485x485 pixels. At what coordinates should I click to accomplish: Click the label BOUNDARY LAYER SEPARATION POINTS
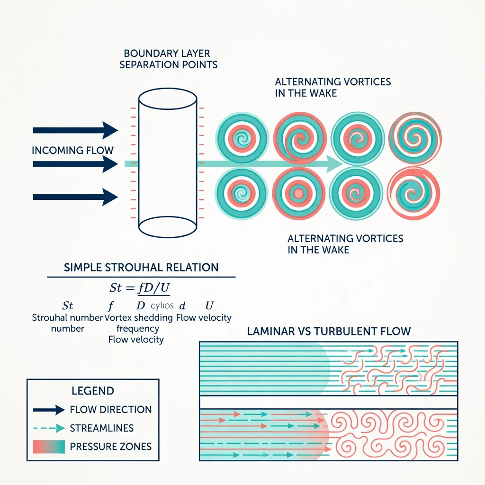click(x=168, y=59)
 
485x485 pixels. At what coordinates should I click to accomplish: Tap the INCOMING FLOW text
click(x=72, y=151)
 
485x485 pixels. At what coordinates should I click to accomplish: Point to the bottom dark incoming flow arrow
click(x=75, y=197)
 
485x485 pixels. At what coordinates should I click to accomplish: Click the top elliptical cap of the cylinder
click(x=167, y=97)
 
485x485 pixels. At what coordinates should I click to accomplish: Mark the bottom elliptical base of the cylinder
click(x=167, y=226)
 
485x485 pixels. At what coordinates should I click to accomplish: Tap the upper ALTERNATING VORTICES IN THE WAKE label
click(x=332, y=87)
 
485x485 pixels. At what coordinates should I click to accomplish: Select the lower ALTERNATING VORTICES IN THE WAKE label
click(x=345, y=243)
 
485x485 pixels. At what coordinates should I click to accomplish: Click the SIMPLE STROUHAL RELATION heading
click(x=141, y=267)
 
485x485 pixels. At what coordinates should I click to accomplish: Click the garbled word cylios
click(x=162, y=305)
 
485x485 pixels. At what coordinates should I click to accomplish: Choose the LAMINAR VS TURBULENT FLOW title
click(x=329, y=331)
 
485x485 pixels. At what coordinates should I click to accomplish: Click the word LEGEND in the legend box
click(x=93, y=391)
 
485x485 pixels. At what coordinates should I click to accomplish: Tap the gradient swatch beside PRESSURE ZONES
click(x=49, y=446)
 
